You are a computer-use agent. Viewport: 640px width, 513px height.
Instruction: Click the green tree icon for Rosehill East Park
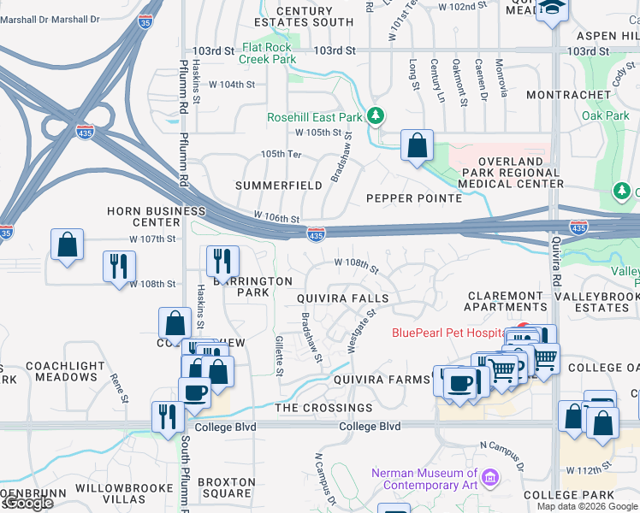pos(374,116)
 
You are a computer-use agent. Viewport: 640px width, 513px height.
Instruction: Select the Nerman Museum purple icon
pos(490,476)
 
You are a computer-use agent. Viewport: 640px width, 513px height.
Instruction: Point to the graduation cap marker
pos(553,8)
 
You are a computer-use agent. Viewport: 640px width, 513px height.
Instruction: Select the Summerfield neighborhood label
pos(278,186)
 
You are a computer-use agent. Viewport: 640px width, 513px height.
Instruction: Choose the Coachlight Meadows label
pos(62,371)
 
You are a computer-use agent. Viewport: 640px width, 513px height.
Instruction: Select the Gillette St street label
pos(279,356)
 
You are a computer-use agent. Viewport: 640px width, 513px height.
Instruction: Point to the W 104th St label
pos(233,85)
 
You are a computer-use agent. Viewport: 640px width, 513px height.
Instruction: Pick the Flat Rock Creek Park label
pos(269,54)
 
